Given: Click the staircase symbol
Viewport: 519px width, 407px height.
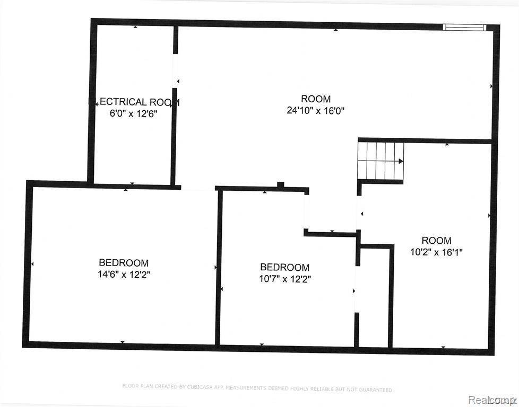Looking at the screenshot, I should click(x=380, y=161).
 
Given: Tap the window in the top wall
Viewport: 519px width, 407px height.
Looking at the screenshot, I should click(x=464, y=27).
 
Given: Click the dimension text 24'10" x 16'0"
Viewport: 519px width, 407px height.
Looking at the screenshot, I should click(x=316, y=111).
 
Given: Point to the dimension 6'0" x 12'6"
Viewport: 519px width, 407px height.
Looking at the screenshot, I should click(x=133, y=113).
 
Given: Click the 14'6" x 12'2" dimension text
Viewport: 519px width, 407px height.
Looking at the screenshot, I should click(x=124, y=275).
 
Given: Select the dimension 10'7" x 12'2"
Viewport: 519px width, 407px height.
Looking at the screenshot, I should click(x=284, y=279).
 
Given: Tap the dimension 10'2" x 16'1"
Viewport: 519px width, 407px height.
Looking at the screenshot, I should click(x=436, y=252).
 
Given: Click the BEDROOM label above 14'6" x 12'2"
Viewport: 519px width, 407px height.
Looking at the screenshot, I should click(x=124, y=263).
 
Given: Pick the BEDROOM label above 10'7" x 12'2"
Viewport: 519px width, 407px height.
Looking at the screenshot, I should click(x=284, y=268).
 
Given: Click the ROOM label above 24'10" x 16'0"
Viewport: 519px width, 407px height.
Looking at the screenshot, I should click(x=316, y=99).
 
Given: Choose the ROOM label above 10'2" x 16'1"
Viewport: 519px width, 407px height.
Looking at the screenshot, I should click(x=436, y=241).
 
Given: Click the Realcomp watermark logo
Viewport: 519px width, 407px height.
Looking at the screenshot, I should click(x=496, y=396).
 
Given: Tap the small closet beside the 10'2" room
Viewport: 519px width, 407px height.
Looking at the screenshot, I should click(x=375, y=297).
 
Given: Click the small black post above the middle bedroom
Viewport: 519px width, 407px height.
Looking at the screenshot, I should click(x=281, y=184).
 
